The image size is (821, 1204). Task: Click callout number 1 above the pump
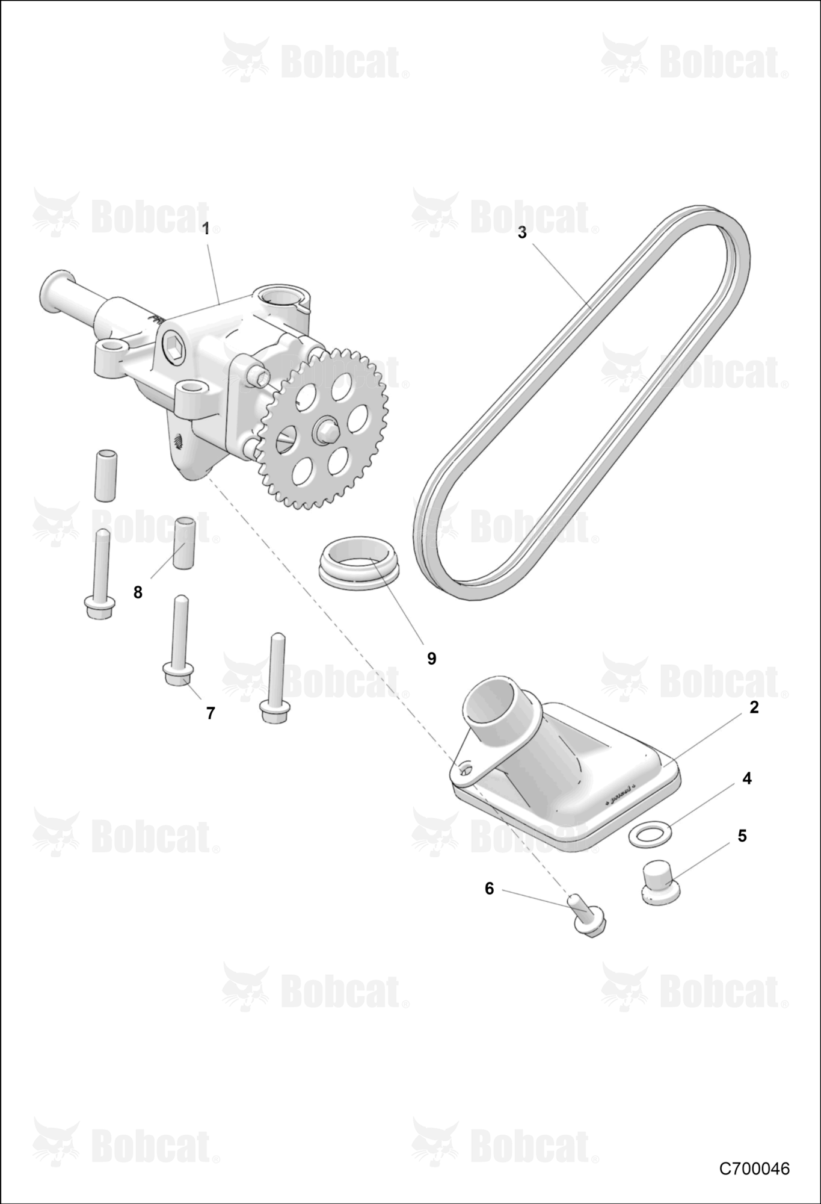(206, 229)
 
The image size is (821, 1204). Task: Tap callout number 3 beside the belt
(522, 232)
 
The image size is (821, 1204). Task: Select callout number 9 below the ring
(431, 659)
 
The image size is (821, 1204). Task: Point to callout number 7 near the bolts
(211, 713)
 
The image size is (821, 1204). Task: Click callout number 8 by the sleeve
(138, 592)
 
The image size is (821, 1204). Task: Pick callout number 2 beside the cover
(754, 707)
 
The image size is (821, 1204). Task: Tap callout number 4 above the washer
(747, 778)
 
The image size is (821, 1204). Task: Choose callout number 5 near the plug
(742, 836)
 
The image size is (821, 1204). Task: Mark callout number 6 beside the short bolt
(489, 889)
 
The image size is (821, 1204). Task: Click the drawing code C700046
(754, 1169)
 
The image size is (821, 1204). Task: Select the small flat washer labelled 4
(651, 834)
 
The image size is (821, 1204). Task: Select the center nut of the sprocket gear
(326, 431)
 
